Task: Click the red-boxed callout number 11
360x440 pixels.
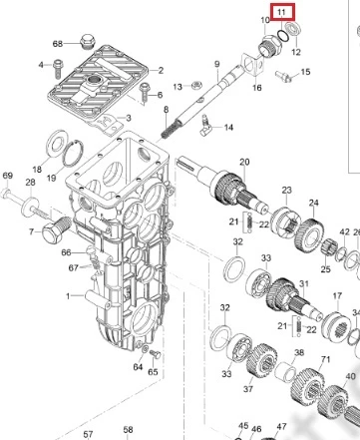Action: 281,12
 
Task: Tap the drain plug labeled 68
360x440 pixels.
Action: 88,41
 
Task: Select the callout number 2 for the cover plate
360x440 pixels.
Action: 161,70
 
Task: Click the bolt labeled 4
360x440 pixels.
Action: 58,67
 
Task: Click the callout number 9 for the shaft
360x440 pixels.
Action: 217,64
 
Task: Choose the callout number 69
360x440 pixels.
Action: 7,176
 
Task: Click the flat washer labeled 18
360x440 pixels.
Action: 56,144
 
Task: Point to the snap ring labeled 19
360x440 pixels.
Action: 74,153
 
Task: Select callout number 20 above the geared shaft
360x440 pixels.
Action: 244,162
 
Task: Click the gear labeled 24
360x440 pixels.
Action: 309,234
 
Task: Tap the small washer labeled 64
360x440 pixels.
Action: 146,349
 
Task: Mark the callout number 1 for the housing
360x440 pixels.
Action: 68,295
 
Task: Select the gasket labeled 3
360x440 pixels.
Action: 105,123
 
